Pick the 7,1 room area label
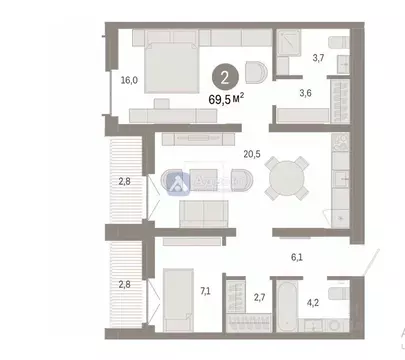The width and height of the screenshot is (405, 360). pyautogui.click(x=205, y=291)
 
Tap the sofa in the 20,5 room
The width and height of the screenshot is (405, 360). pyautogui.click(x=205, y=213)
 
